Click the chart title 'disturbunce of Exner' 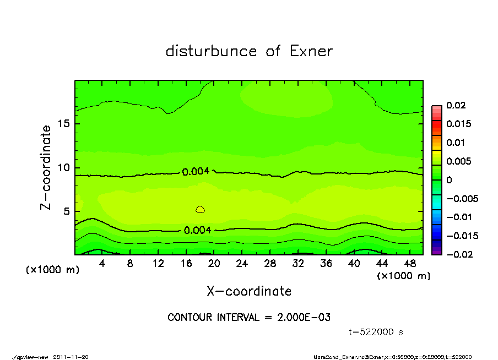click(249, 52)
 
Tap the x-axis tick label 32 click(298, 264)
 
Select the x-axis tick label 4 click(102, 264)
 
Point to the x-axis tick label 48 click(410, 264)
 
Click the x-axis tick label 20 click(214, 264)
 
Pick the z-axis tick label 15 click(64, 124)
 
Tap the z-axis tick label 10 click(64, 168)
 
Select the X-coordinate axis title click(249, 291)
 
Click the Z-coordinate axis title click(46, 167)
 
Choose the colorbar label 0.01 click(455, 143)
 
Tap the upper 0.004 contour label click(196, 171)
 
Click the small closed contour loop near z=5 click(200, 209)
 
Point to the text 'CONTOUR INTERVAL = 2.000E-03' click(249, 318)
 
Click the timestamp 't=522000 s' click(376, 332)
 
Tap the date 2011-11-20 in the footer click(71, 357)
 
